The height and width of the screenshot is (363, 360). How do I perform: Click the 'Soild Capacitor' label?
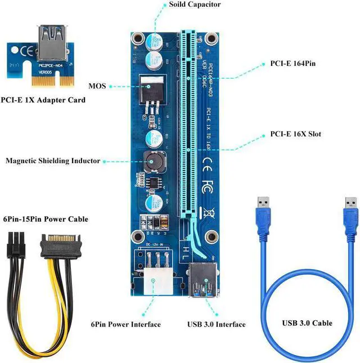tap(195, 5)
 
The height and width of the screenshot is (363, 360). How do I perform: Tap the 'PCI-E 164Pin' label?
tap(292, 64)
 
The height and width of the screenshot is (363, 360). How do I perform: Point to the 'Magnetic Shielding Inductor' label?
tap(53, 161)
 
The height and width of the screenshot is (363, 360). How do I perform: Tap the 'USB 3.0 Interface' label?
tap(217, 324)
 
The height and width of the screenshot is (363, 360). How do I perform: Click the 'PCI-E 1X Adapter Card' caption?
tap(43, 100)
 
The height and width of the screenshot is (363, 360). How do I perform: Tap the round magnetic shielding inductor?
tap(152, 162)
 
